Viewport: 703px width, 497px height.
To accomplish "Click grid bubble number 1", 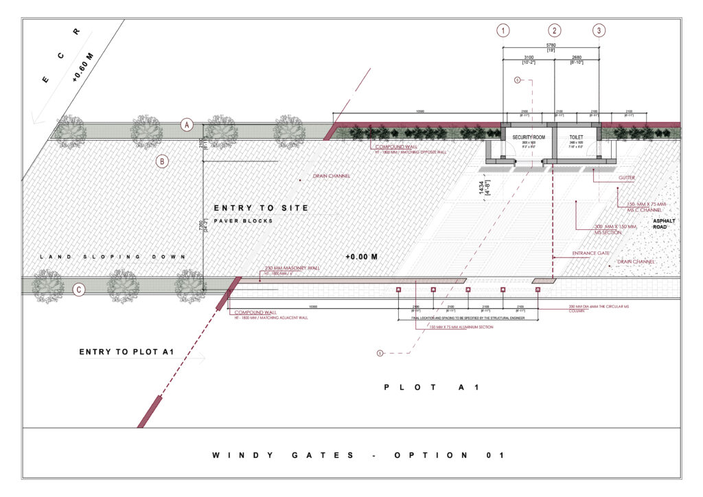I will (504, 30).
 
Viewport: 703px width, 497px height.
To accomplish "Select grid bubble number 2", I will (554, 30).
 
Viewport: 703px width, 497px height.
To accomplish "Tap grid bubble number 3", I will (599, 30).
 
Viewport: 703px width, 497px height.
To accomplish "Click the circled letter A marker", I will (186, 125).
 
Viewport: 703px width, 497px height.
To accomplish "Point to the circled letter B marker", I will (162, 162).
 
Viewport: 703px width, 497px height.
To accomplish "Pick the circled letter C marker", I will (79, 290).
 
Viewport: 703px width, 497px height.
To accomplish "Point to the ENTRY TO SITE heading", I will (261, 208).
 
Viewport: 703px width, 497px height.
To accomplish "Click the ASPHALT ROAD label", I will (664, 224).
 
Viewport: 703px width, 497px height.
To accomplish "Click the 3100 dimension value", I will (528, 58).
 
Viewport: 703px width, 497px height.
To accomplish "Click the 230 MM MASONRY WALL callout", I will (292, 268).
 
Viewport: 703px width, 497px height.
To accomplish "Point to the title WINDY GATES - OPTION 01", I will (358, 455).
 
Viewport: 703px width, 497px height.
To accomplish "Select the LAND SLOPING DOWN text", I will (113, 257).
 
